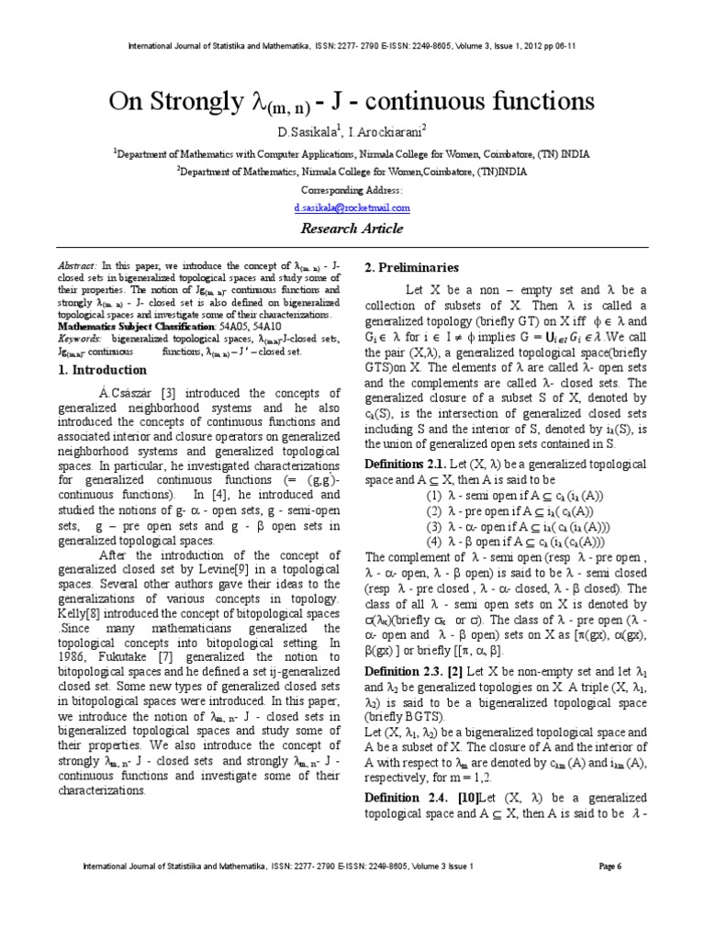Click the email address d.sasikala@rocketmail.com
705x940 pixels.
tap(352, 208)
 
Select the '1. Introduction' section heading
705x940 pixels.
tap(102, 370)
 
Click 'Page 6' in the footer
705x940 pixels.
tap(610, 866)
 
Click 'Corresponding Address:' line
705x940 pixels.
tap(352, 190)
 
